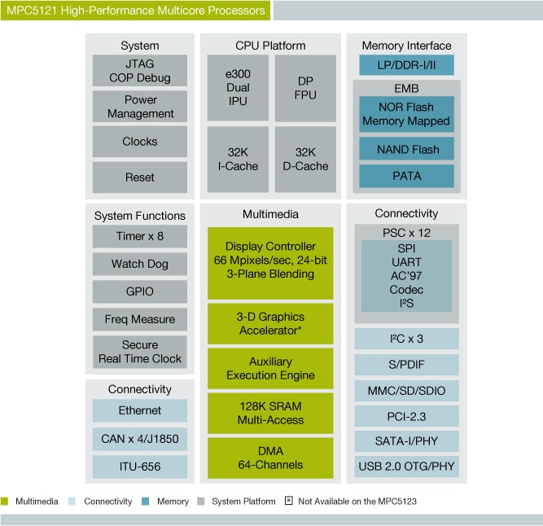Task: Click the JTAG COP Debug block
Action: coord(140,71)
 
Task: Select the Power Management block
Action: coord(140,107)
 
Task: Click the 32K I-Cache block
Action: coord(238,158)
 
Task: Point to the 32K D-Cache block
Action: coord(305,158)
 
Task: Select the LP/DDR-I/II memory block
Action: coord(406,66)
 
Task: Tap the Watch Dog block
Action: coord(140,264)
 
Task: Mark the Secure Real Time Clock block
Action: coord(140,352)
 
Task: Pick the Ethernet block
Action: coord(140,410)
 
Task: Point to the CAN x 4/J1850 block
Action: coord(140,440)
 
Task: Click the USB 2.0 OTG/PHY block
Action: coord(406,467)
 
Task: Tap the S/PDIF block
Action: coord(406,365)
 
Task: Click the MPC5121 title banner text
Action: coord(134,11)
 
